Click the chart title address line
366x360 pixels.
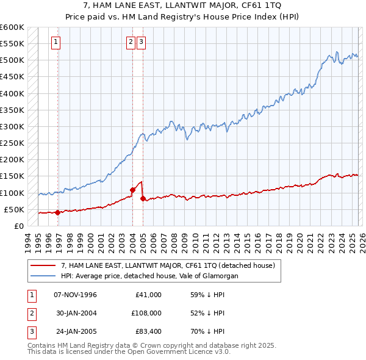183,6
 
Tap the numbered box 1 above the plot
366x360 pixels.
56,42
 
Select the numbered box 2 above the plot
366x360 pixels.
131,42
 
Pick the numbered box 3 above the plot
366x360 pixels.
141,42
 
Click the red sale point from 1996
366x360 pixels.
57,212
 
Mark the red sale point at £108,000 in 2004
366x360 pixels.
132,190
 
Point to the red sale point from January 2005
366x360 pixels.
143,198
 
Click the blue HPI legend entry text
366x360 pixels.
149,276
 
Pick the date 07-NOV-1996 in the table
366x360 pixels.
76,295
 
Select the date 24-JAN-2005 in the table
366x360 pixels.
76,331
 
